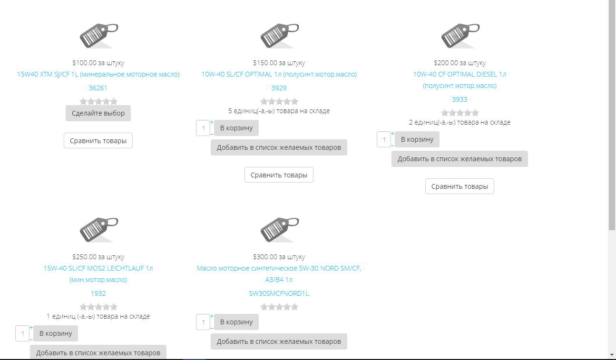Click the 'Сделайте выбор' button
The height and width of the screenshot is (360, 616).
[x=98, y=113]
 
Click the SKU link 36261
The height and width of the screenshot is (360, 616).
[x=98, y=88]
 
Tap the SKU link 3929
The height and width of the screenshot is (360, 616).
[x=279, y=88]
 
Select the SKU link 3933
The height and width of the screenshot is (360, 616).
[x=460, y=99]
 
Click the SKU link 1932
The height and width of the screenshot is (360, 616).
[x=98, y=293]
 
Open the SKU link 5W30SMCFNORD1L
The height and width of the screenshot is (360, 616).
[x=279, y=293]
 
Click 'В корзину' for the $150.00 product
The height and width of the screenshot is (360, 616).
[x=236, y=128]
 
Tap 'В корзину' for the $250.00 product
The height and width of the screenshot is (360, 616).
[x=56, y=333]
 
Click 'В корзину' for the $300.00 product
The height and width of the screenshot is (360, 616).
[x=236, y=322]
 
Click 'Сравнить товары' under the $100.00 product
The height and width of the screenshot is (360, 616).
[x=98, y=141]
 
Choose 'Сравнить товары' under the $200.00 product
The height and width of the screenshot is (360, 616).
[x=460, y=186]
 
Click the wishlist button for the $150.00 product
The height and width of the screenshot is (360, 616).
[x=279, y=147]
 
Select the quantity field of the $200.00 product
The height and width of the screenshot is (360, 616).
[x=384, y=139]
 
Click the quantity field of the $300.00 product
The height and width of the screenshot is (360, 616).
[x=203, y=322]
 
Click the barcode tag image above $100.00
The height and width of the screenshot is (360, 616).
[x=99, y=36]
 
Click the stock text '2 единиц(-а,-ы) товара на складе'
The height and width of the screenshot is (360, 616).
[x=460, y=122]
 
